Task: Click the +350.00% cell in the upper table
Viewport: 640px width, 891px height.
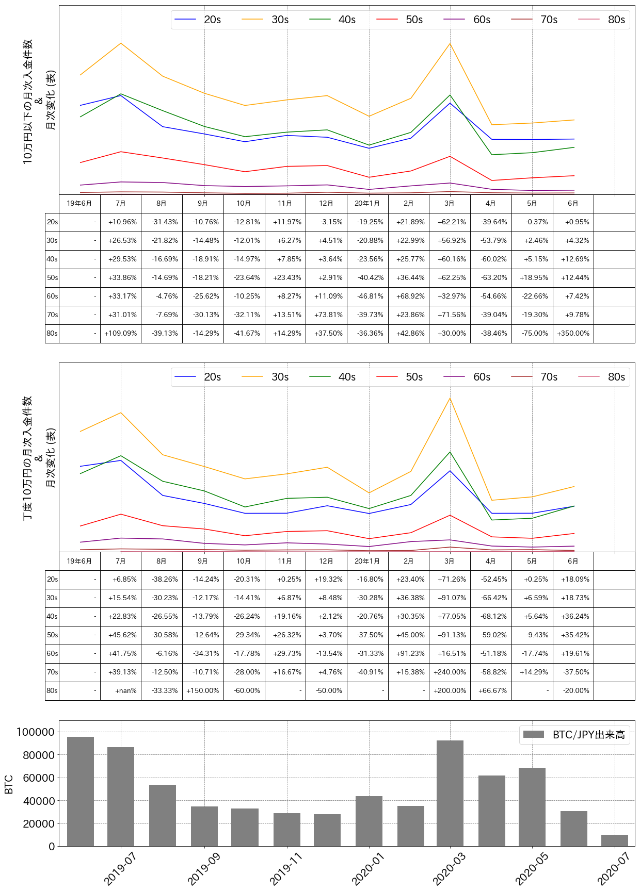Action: click(x=573, y=334)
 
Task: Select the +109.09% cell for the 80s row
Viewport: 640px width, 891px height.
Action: click(x=121, y=334)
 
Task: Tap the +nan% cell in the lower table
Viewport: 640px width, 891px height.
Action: click(x=121, y=691)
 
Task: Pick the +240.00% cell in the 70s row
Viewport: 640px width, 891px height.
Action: click(x=450, y=672)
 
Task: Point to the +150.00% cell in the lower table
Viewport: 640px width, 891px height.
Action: click(x=203, y=691)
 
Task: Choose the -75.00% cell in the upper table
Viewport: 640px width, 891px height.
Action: click(x=532, y=334)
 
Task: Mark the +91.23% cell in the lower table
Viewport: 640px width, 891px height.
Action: click(x=409, y=654)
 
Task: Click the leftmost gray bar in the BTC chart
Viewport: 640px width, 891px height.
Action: click(x=81, y=791)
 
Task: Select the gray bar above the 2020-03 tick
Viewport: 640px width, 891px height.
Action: click(x=450, y=794)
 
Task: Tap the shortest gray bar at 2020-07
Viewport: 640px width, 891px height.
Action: click(x=615, y=840)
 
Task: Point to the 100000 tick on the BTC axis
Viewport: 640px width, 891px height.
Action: click(x=36, y=732)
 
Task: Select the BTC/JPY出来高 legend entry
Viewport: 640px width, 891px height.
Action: click(x=574, y=735)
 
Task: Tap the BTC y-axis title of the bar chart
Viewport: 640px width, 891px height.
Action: click(x=9, y=784)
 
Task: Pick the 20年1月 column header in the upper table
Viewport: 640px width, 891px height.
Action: click(x=367, y=204)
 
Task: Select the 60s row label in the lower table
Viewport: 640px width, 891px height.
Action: click(x=52, y=654)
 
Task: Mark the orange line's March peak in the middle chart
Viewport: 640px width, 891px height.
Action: click(x=450, y=398)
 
